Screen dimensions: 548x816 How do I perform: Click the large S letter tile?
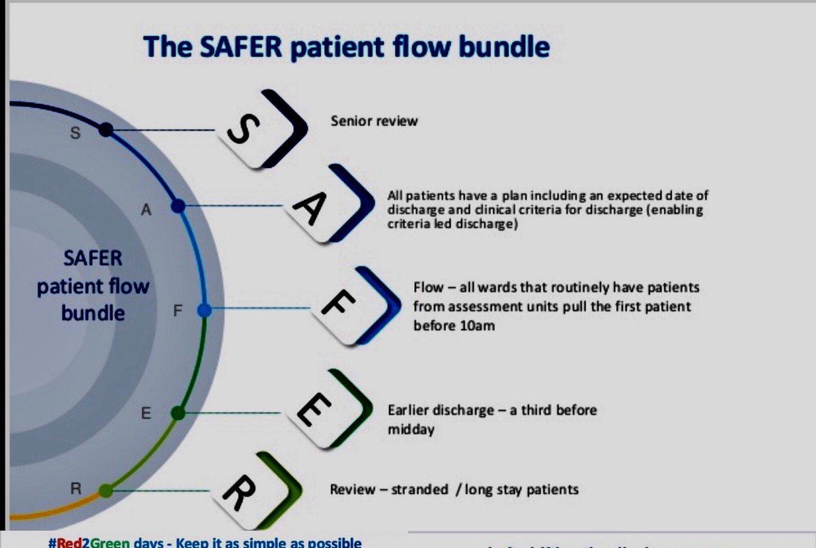point(253,130)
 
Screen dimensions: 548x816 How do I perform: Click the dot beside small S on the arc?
point(105,129)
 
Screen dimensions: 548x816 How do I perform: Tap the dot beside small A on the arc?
point(178,205)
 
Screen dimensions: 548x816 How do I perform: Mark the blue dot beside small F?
point(205,311)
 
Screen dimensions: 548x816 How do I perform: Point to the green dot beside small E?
point(178,413)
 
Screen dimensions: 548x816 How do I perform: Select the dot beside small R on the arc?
point(105,490)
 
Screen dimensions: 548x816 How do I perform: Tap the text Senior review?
point(374,122)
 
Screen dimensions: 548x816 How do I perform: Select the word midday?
point(411,430)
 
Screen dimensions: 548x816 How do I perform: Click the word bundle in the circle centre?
point(93,313)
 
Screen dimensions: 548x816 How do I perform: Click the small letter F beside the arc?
point(178,311)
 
